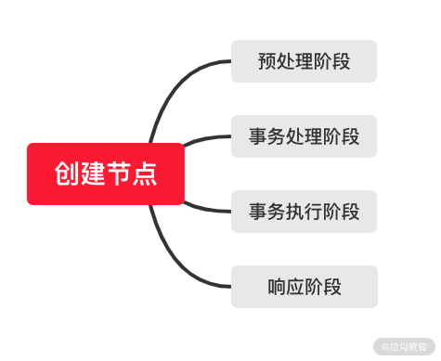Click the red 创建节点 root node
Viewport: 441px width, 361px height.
click(106, 174)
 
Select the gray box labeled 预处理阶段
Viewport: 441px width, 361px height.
click(304, 61)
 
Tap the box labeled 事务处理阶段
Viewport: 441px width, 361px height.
click(304, 136)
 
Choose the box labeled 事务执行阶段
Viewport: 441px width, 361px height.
click(304, 212)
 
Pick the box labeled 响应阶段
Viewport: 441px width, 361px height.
click(305, 287)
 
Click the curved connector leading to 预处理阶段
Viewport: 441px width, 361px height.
click(174, 86)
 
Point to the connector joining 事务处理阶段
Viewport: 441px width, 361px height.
click(207, 138)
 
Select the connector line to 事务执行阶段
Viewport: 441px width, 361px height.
click(207, 209)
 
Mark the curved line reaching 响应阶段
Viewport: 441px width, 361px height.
click(174, 260)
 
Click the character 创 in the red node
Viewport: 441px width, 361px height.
click(67, 174)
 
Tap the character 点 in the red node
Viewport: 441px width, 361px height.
click(145, 174)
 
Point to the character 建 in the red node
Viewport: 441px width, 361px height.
click(93, 174)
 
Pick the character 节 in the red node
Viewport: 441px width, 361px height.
click(119, 174)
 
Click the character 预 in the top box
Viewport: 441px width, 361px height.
click(267, 61)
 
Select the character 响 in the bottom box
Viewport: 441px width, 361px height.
click(277, 287)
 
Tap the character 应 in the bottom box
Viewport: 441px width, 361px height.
click(295, 287)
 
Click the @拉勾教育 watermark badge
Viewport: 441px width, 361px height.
click(404, 346)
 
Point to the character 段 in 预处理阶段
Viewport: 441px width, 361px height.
click(342, 61)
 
